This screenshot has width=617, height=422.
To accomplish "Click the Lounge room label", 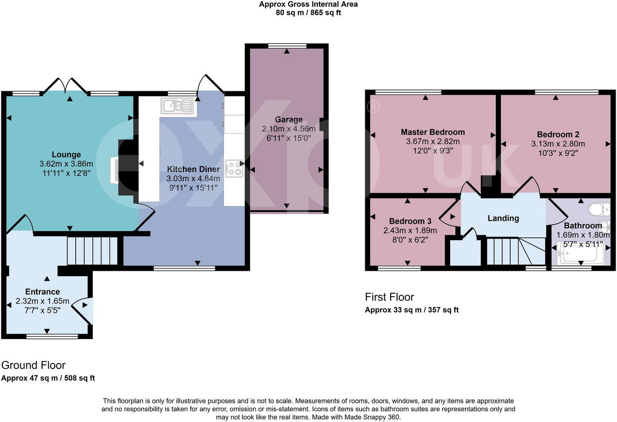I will (x=66, y=155).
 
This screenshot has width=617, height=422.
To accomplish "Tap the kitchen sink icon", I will (x=177, y=106).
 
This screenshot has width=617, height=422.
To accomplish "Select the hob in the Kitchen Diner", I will (x=234, y=169).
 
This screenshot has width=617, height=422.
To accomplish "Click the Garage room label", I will (x=289, y=119).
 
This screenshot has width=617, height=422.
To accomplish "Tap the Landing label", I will (x=503, y=218).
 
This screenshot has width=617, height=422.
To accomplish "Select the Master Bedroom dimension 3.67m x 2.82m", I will (x=433, y=142).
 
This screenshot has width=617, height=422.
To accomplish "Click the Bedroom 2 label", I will (x=558, y=134).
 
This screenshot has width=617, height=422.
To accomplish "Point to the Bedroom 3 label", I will (x=410, y=221).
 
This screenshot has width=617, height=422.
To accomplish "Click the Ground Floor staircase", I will (x=92, y=251).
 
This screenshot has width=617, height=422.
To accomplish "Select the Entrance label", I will (x=43, y=292).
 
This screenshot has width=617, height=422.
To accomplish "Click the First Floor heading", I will (x=389, y=297).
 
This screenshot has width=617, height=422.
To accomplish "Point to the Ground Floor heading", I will (x=33, y=365).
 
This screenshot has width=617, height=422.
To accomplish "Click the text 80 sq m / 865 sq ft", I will (x=308, y=13).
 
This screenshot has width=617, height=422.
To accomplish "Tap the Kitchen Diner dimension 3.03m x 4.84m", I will (x=193, y=179).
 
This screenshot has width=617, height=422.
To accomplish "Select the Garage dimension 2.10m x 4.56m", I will (x=289, y=129).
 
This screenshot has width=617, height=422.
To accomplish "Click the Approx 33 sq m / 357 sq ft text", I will (x=411, y=310).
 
